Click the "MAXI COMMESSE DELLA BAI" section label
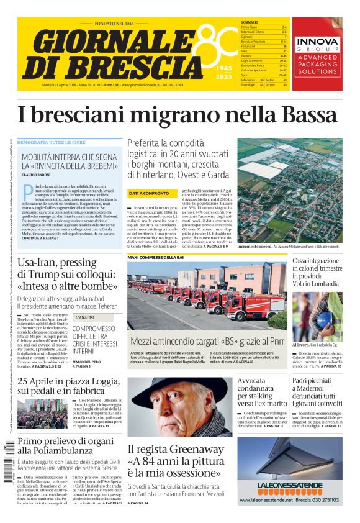[155, 257]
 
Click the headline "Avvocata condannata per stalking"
[261, 391]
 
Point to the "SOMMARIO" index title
[250, 22]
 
